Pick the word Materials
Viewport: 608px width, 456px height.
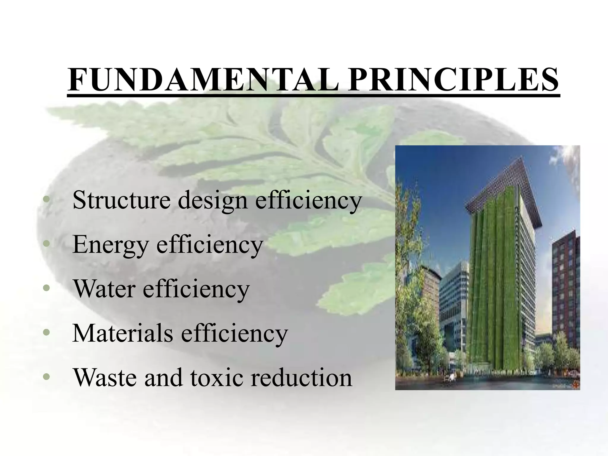point(123,333)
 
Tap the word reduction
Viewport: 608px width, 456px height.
point(301,377)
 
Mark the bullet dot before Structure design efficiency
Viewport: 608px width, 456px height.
point(45,200)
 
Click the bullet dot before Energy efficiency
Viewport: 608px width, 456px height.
point(45,244)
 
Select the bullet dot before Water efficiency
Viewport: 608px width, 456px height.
point(45,288)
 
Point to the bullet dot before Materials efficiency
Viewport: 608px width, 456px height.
point(45,332)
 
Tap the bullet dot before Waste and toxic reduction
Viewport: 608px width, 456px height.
point(45,377)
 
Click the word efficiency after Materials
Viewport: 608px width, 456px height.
point(234,333)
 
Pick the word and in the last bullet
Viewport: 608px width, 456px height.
point(163,377)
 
